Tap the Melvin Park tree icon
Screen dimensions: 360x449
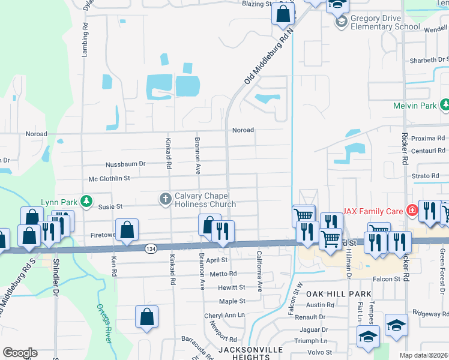pos(445,106)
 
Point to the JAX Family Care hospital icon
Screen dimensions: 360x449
pos(412,211)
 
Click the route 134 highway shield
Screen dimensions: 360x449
pos(149,248)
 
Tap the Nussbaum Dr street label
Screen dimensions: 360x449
pos(125,163)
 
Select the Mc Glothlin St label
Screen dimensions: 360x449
pos(109,178)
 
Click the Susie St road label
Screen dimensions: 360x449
pos(110,206)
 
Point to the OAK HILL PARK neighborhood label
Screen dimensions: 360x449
pos(332,294)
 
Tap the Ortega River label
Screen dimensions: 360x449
pos(104,324)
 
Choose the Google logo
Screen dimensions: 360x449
pos(20,353)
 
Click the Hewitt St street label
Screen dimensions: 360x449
pos(232,287)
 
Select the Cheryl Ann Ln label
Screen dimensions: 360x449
pos(224,315)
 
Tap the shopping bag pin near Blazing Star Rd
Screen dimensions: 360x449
pos(283,13)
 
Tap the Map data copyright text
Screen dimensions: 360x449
pos(424,355)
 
